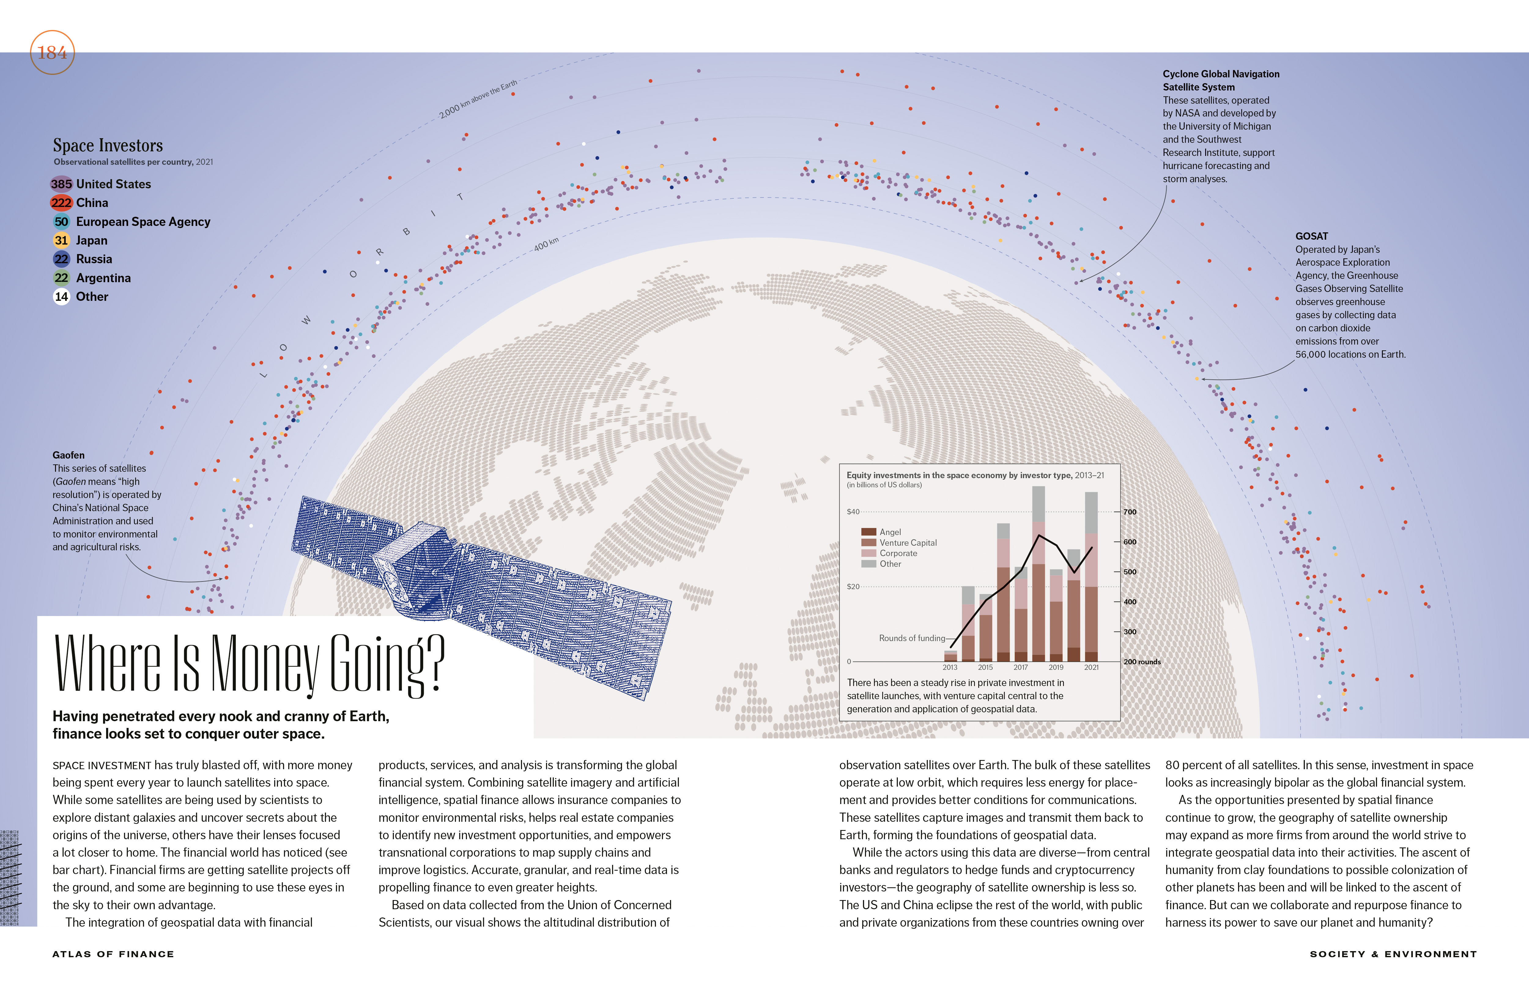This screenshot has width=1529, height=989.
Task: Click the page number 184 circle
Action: (x=52, y=53)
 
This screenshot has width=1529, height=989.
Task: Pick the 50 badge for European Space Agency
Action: (x=61, y=222)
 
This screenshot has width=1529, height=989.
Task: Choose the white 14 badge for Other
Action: (x=61, y=297)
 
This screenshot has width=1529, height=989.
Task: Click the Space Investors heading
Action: (x=108, y=145)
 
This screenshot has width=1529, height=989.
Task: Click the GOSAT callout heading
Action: (x=1311, y=236)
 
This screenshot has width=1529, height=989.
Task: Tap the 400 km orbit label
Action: (x=546, y=244)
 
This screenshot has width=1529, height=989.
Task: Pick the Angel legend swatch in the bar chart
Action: (x=868, y=532)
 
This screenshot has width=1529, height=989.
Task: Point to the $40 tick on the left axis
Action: (x=853, y=512)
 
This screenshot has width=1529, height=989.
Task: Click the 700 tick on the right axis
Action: (x=1129, y=512)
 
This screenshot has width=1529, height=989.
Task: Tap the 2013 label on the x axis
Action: (x=950, y=667)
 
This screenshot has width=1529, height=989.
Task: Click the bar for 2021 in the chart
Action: (x=1091, y=578)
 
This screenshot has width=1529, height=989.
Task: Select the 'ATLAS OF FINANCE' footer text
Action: (x=113, y=954)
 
